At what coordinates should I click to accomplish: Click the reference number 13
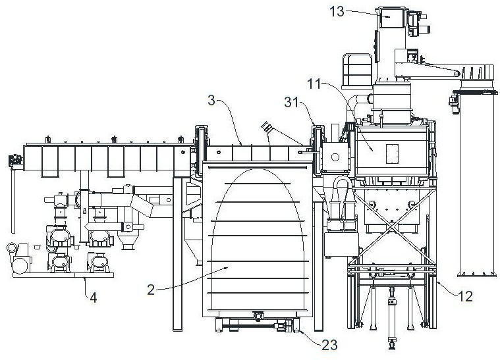tap(337, 11)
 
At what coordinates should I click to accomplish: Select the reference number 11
tap(314, 84)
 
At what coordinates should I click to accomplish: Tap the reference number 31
tap(291, 102)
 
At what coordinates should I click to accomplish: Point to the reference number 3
tap(211, 100)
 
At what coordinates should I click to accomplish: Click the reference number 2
tap(151, 290)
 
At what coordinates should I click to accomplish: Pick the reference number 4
tap(93, 297)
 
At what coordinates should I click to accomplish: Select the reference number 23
tap(329, 344)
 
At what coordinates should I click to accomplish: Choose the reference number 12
tap(465, 296)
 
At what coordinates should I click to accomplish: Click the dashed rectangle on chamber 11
tap(392, 154)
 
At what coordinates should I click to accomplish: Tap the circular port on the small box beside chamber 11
tap(335, 157)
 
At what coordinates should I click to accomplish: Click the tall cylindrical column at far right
tap(477, 178)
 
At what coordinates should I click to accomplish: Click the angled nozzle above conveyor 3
tap(267, 128)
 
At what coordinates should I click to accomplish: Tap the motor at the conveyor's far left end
tap(15, 160)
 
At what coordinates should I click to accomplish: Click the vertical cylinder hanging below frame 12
tap(392, 318)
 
